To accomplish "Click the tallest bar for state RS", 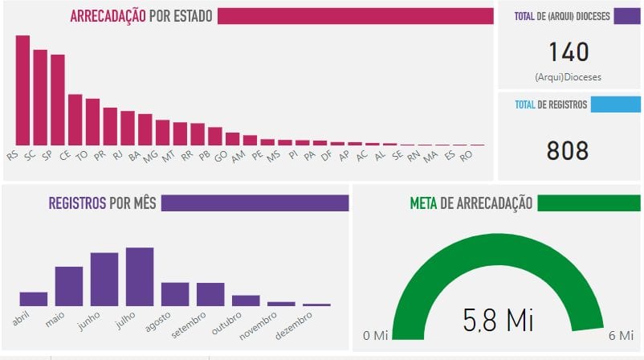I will [x=22, y=90].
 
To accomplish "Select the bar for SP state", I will [x=58, y=100].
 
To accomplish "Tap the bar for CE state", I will [x=75, y=120].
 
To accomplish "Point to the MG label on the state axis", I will [x=150, y=157].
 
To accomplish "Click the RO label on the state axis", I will [x=466, y=157].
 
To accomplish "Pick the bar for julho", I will [x=140, y=276].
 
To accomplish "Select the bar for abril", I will [x=34, y=298].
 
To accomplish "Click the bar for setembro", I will [x=210, y=294].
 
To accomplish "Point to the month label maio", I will [x=55, y=321].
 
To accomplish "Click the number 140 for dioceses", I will [x=569, y=52].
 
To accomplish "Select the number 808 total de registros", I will [x=568, y=150].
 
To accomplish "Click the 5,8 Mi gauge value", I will [x=498, y=320].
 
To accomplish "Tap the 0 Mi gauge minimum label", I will [x=375, y=334].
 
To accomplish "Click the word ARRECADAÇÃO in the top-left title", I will [x=108, y=16].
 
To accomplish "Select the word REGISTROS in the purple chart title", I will [x=76, y=203].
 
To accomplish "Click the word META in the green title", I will [x=423, y=203].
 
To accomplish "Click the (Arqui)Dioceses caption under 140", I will [x=569, y=77].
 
